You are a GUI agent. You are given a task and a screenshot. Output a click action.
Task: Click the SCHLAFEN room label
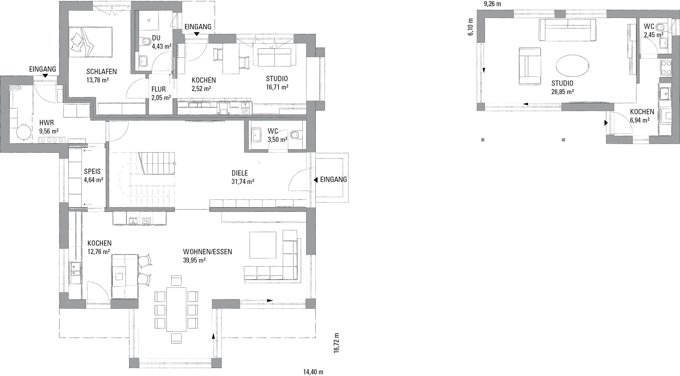tap(101, 71)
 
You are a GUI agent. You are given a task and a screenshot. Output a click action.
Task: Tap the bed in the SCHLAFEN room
tap(91, 42)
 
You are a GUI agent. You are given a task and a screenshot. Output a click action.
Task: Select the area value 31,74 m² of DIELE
tap(243, 181)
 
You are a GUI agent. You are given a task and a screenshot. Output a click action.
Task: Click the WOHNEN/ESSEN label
tap(207, 252)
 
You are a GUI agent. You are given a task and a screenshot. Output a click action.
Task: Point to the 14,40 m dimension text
tap(313, 372)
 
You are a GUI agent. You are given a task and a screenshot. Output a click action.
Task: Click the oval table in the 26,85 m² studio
tap(572, 66)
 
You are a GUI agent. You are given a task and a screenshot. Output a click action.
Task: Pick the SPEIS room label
tap(92, 171)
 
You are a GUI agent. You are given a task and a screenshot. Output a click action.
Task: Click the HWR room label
tap(47, 123)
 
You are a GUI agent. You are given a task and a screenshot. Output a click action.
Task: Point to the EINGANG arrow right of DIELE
tap(315, 180)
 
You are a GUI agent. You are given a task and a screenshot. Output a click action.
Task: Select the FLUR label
tap(158, 89)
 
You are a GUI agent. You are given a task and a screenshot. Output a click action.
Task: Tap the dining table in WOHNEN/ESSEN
tap(176, 309)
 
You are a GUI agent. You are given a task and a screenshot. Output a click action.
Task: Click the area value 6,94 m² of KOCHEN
tap(640, 120)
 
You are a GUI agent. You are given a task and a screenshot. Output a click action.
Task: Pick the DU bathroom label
tap(156, 38)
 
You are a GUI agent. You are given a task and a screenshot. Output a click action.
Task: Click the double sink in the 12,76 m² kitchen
tap(75, 273)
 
